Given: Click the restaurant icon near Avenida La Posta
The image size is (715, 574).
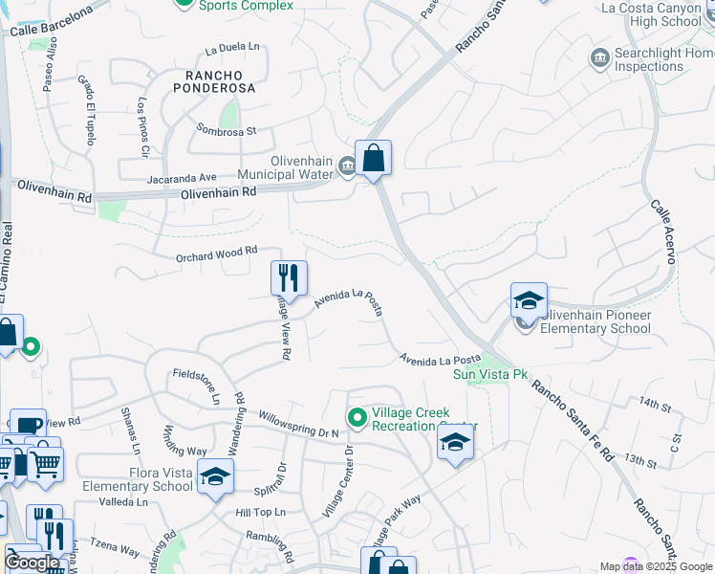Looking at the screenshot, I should pyautogui.click(x=289, y=277).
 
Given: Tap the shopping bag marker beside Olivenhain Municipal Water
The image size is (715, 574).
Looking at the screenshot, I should pyautogui.click(x=373, y=158).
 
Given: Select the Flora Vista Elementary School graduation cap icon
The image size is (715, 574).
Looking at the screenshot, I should pyautogui.click(x=216, y=476).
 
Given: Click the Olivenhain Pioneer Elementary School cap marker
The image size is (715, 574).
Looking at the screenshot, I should pyautogui.click(x=529, y=301).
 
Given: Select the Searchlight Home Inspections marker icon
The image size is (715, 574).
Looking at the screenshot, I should pyautogui.click(x=600, y=59).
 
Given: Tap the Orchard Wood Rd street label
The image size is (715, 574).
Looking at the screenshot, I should pyautogui.click(x=217, y=254).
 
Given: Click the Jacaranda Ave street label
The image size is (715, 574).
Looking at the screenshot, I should pyautogui.click(x=182, y=177).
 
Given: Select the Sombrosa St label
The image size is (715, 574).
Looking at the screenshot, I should pyautogui.click(x=227, y=129).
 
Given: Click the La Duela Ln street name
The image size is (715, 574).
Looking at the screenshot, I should pyautogui.click(x=232, y=46).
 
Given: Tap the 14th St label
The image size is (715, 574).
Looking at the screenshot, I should pyautogui.click(x=656, y=405).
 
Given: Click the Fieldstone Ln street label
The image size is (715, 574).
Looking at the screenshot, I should pyautogui.click(x=196, y=386).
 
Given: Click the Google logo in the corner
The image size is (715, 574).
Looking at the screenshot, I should pyautogui.click(x=32, y=563).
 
